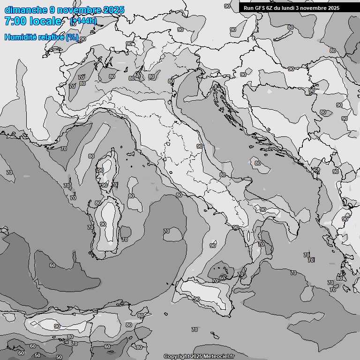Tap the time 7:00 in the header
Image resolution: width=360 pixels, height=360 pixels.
coord(15,21)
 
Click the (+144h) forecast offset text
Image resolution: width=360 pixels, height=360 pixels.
coord(83,21)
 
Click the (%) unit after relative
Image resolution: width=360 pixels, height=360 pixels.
coord(72,37)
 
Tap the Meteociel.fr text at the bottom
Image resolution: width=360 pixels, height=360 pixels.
coord(219,356)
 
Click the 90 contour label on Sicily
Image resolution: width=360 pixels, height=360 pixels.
coord(197,299)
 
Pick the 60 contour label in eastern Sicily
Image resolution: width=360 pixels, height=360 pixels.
coord(222,278)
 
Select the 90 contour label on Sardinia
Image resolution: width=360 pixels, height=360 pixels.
coord(103,224)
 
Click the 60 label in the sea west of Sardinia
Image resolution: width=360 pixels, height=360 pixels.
coord(52,265)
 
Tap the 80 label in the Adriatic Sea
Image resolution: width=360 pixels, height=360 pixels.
coord(257,163)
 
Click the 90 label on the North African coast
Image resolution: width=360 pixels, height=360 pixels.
coord(57,326)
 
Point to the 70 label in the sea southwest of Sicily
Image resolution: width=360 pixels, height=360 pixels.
coord(194,330)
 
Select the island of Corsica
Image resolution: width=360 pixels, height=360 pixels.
coord(107,169)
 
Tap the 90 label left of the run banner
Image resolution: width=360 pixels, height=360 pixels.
coord(227,6)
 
